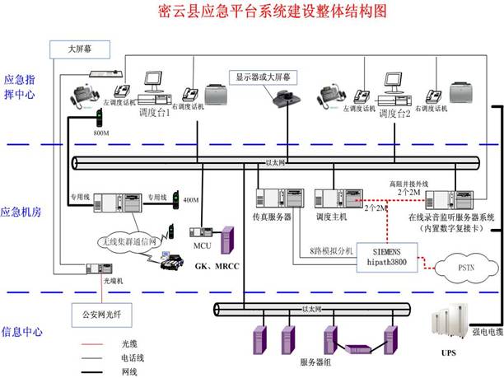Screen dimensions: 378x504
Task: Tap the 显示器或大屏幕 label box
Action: click(x=268, y=77)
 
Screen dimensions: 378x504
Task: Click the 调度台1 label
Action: click(x=155, y=112)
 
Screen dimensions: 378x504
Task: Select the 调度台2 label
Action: click(x=394, y=112)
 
